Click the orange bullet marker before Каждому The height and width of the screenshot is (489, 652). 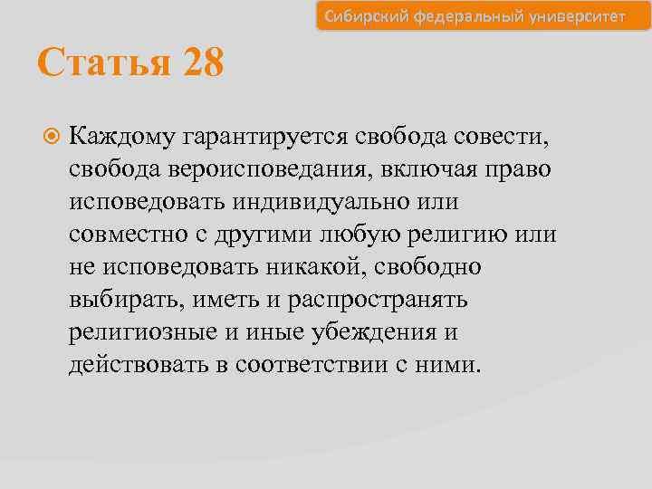click(x=53, y=138)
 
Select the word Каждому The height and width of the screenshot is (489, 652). click(x=122, y=138)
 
